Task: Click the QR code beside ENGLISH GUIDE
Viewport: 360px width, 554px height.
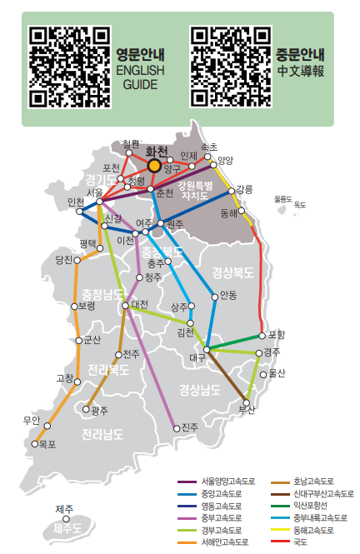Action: [x=70, y=67]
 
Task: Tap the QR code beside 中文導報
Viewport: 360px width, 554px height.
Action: [x=231, y=67]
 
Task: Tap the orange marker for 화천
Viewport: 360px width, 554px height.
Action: [x=154, y=165]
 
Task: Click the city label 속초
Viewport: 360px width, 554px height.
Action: [x=209, y=147]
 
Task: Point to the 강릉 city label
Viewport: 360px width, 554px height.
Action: [x=243, y=189]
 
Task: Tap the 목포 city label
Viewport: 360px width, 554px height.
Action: [x=47, y=444]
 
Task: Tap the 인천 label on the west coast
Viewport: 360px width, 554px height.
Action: [x=76, y=202]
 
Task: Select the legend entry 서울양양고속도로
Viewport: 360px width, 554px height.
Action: [x=222, y=482]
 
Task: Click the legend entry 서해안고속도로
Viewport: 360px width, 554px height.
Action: [x=222, y=542]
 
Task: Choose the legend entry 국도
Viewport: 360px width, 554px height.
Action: [x=300, y=542]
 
